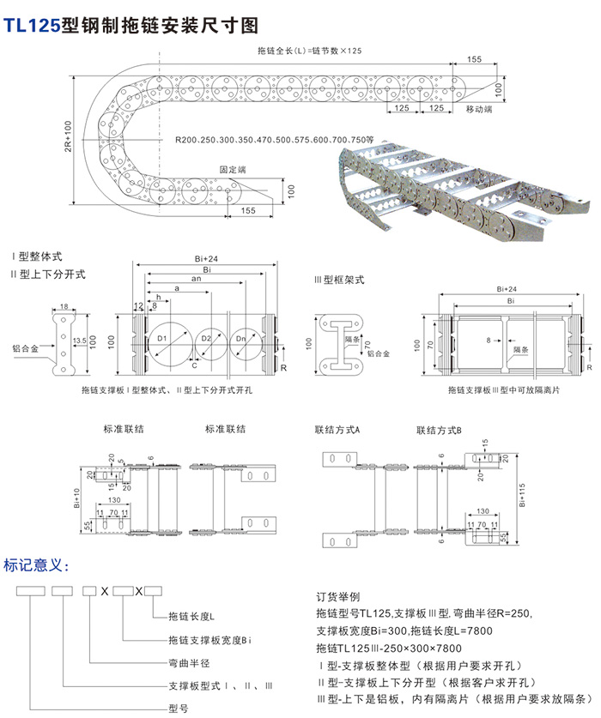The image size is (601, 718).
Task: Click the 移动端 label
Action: point(478,110)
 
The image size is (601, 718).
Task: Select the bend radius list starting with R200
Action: point(275,139)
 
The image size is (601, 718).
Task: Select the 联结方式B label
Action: point(439,428)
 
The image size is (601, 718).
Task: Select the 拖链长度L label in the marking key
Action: point(192,616)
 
